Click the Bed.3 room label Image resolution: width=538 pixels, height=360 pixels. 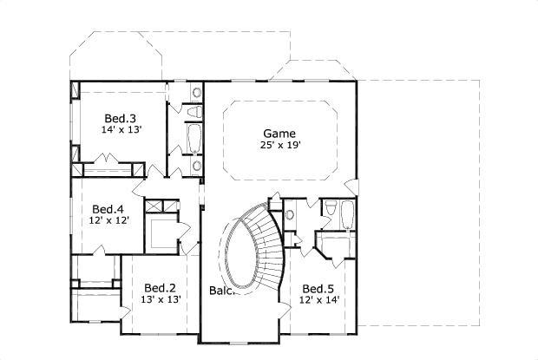pyautogui.click(x=120, y=118)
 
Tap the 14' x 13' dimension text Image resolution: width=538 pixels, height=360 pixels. pyautogui.click(x=120, y=130)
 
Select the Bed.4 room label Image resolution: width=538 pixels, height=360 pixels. pyautogui.click(x=108, y=209)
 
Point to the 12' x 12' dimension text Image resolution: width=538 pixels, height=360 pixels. pyautogui.click(x=108, y=221)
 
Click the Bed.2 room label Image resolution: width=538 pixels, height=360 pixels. pyautogui.click(x=161, y=288)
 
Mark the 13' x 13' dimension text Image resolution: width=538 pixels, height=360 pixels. pyautogui.click(x=161, y=300)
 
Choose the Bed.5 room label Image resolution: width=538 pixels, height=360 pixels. pyautogui.click(x=318, y=288)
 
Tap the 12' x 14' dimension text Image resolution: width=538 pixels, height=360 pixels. pyautogui.click(x=318, y=300)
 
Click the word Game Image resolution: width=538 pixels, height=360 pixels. pyautogui.click(x=279, y=134)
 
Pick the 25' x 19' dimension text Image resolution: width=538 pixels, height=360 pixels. pyautogui.click(x=279, y=146)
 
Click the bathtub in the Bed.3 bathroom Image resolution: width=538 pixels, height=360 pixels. pyautogui.click(x=194, y=137)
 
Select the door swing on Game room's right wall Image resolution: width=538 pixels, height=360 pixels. pyautogui.click(x=350, y=187)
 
